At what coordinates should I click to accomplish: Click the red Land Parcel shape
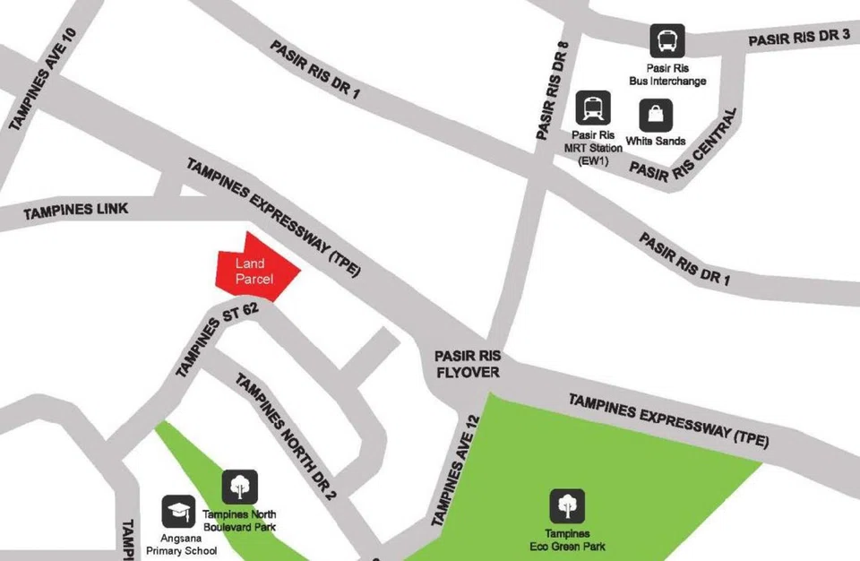point(254,266)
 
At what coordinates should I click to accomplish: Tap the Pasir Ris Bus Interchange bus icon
point(666,40)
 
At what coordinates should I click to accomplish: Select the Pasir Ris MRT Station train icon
point(593,108)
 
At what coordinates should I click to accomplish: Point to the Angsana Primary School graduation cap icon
point(178,512)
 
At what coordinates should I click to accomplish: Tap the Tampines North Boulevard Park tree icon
point(239,487)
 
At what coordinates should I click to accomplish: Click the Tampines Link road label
point(75,211)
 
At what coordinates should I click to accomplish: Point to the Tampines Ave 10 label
point(44,82)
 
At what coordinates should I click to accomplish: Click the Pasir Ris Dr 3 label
point(798,38)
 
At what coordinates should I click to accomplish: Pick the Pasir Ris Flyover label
point(467,363)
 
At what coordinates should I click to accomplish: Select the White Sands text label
point(656,141)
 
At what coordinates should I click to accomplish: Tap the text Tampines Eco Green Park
point(567,539)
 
